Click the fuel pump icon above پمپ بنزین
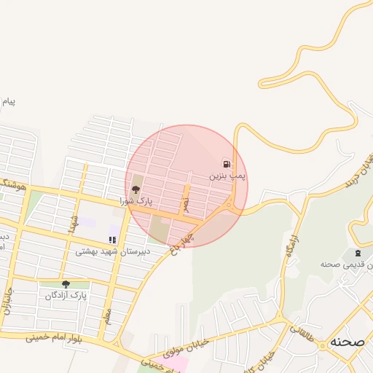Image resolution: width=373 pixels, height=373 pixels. [228, 163]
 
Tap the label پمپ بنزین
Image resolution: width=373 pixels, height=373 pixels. [228, 176]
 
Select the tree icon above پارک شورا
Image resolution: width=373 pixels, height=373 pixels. [136, 189]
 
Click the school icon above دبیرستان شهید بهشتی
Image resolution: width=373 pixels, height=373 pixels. [112, 239]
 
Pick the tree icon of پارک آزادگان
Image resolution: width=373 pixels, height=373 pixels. [66, 285]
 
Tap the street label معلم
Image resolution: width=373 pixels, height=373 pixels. [108, 316]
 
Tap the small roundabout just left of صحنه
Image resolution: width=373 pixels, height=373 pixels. [321, 346]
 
